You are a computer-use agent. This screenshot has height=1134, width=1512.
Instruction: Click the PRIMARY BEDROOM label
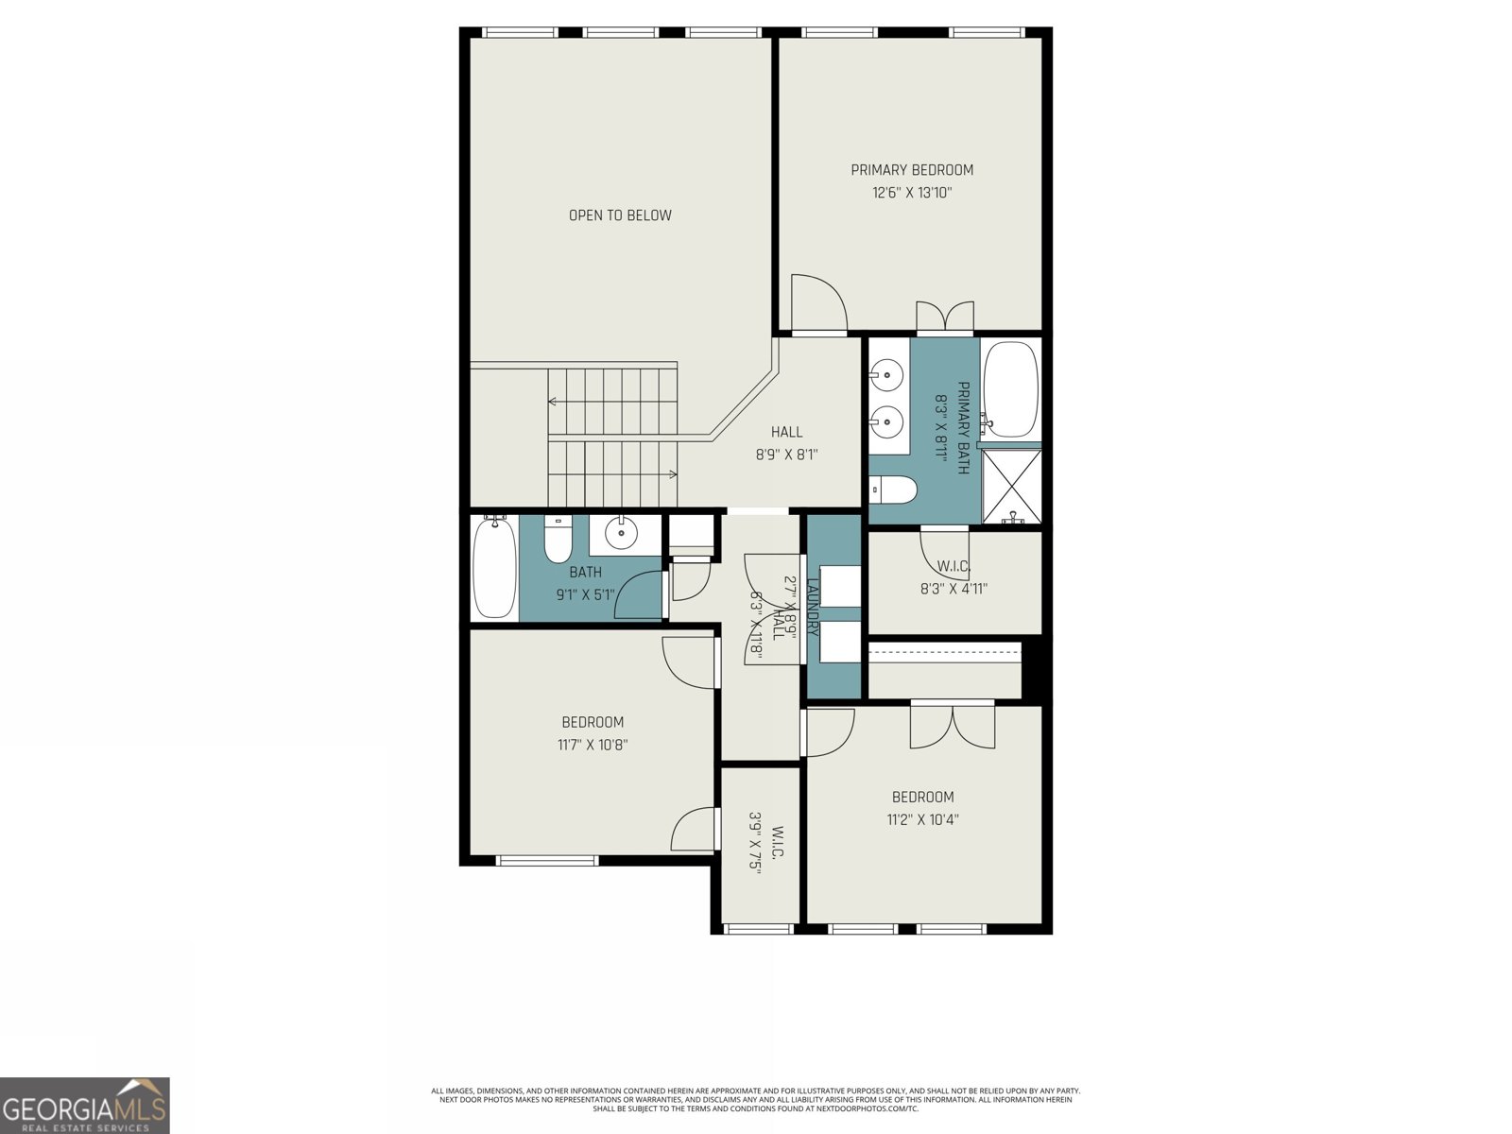tap(911, 170)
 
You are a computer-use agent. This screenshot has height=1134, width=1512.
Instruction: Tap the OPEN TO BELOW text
tap(620, 215)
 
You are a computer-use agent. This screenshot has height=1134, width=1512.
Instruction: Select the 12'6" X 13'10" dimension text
tap(911, 193)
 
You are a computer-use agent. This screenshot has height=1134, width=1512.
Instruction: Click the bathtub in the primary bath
tap(1011, 389)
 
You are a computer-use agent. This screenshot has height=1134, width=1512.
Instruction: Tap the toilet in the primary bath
tap(893, 490)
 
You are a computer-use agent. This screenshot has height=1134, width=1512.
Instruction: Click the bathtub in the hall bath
tap(493, 567)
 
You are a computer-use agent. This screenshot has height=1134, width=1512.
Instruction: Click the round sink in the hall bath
tap(621, 534)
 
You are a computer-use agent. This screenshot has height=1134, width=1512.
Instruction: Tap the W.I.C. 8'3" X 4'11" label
tap(954, 577)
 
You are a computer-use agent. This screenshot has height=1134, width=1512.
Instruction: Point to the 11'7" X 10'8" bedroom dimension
tap(593, 745)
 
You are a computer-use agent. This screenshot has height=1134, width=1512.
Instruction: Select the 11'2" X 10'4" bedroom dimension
tap(922, 819)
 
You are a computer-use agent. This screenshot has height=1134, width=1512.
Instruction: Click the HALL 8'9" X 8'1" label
tap(786, 443)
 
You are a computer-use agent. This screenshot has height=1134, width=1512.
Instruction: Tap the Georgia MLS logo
tap(85, 1106)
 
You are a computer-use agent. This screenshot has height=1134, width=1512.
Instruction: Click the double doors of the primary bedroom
tap(945, 317)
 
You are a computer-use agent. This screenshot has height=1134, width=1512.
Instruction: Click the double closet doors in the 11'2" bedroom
tap(953, 725)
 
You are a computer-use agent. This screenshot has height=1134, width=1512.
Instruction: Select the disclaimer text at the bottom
tap(756, 1100)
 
